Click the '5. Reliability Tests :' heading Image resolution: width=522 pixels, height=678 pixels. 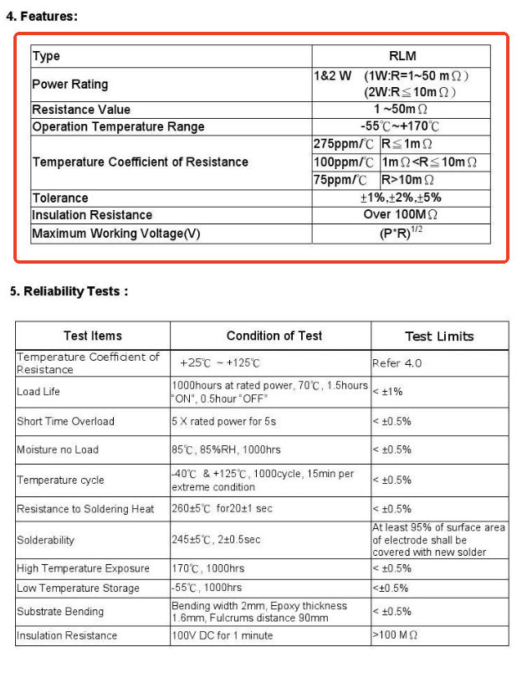tap(69, 291)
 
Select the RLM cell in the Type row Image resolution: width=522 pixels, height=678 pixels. tap(402, 56)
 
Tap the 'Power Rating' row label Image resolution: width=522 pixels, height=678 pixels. tap(69, 85)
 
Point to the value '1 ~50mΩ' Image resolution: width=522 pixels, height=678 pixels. tap(401, 110)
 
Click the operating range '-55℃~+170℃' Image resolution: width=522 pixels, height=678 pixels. tap(400, 126)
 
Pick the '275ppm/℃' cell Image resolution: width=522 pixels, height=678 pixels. tap(344, 144)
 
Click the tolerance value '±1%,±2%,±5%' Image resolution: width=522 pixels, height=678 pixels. tap(401, 198)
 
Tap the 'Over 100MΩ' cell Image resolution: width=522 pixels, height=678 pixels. tap(401, 215)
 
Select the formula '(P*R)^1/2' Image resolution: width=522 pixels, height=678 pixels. tap(401, 234)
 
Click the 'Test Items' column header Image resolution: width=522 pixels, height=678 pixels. tap(92, 336)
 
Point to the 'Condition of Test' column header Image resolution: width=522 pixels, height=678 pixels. tap(274, 336)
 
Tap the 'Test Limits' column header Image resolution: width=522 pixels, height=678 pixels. tap(439, 336)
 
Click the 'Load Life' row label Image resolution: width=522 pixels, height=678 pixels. tap(38, 392)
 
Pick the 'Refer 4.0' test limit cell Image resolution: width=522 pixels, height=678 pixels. tap(397, 363)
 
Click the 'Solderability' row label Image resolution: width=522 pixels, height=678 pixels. tap(45, 540)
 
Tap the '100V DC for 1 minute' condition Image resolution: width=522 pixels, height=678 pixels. tap(222, 635)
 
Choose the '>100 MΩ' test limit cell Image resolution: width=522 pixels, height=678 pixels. tap(395, 635)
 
